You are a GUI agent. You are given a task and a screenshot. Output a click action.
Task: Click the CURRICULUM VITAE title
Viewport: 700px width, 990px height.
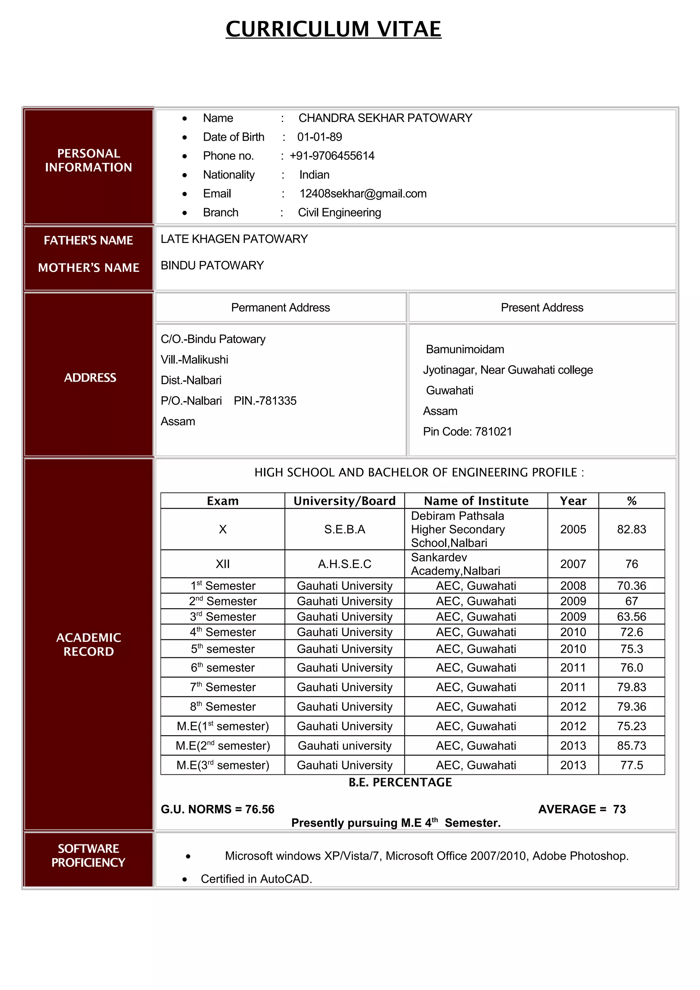333,29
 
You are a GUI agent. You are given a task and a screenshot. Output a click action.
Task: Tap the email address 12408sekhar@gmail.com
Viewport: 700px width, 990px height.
363,194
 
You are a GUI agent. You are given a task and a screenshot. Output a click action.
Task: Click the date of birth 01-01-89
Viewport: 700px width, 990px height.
319,137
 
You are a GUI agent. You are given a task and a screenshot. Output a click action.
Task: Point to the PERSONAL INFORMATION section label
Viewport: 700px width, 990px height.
89,161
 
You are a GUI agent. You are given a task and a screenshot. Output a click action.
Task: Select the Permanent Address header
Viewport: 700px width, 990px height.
280,307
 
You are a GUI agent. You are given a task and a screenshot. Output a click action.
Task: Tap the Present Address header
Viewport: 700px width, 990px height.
542,307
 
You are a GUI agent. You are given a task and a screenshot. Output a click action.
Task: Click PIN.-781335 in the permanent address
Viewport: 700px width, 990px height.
265,401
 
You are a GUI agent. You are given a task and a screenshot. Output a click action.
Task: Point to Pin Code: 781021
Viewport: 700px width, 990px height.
467,431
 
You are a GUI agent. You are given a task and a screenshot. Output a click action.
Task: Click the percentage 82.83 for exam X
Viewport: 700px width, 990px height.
631,529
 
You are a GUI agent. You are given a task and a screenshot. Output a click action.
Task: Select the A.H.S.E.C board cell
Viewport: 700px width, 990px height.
344,564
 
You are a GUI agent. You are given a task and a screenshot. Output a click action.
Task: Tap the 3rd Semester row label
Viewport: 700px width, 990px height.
223,617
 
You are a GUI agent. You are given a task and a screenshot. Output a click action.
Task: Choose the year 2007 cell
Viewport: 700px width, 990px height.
573,564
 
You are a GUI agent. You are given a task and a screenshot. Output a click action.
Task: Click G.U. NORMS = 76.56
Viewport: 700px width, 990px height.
217,809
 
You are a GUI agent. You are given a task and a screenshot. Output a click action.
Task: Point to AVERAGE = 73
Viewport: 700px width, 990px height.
582,809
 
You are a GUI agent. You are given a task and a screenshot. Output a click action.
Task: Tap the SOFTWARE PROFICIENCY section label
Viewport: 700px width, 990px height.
89,855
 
